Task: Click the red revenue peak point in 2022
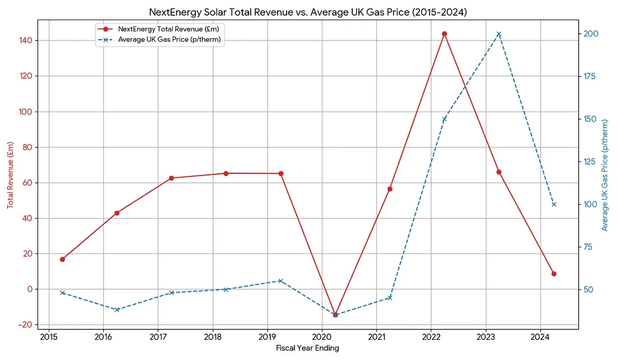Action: coord(444,34)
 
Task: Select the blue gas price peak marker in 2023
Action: coord(499,34)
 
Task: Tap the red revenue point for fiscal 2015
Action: coord(62,259)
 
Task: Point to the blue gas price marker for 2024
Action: coord(554,204)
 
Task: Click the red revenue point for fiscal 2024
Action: coord(554,274)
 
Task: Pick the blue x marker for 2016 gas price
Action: coord(117,310)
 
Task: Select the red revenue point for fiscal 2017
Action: coord(172,178)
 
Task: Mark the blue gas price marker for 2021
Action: coord(390,298)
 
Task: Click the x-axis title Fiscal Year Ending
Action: coord(307,348)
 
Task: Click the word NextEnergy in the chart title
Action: coord(173,12)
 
